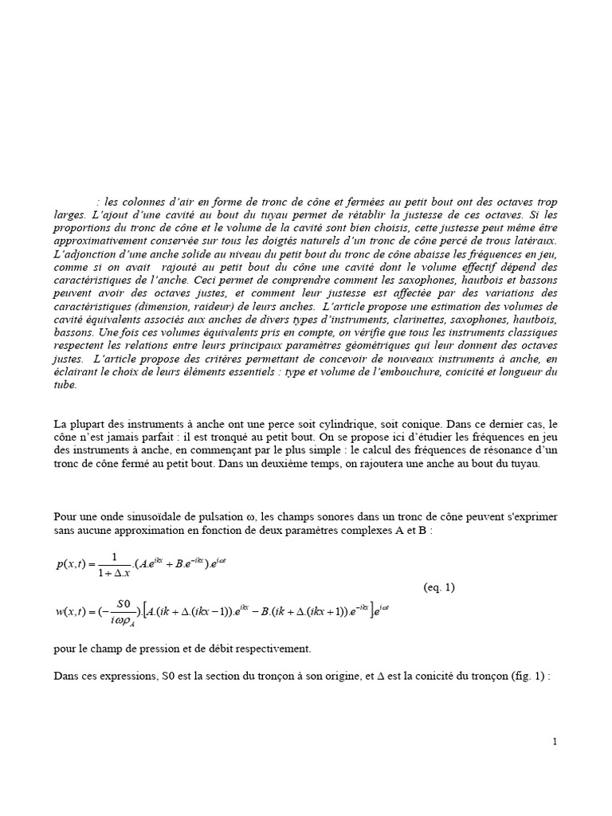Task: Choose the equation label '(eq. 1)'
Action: [438, 588]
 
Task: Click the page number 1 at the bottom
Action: [555, 742]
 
